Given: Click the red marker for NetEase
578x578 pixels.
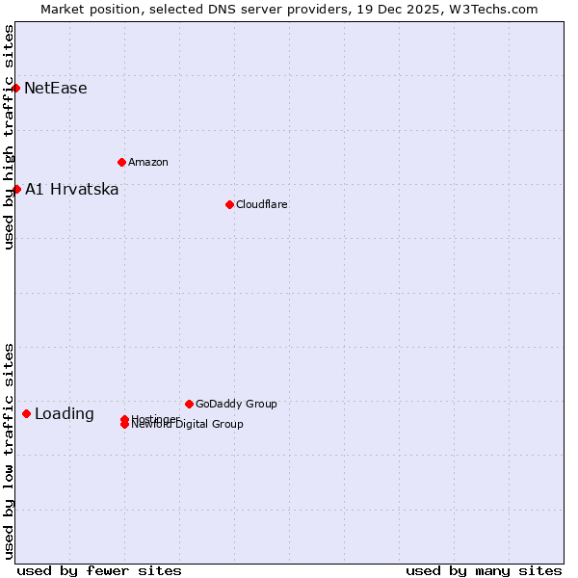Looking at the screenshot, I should tap(15, 88).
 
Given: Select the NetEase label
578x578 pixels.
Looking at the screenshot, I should tap(56, 89).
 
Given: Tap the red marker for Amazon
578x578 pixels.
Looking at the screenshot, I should tap(121, 162).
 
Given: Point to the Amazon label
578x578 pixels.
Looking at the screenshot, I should tap(148, 162).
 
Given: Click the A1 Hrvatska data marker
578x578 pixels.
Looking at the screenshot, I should tap(16, 189).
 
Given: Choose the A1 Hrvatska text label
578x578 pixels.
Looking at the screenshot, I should tap(72, 190).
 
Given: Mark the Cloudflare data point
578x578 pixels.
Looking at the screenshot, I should tap(229, 204).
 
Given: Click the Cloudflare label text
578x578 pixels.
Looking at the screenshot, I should tap(262, 204).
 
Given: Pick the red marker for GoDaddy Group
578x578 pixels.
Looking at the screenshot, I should tap(189, 404).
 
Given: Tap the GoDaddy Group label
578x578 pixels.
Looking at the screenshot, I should tap(236, 404).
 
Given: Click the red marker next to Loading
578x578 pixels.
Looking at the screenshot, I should tap(26, 413).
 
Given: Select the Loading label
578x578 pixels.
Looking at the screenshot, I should tap(65, 414).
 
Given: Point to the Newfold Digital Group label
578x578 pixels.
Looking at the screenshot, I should tap(189, 425).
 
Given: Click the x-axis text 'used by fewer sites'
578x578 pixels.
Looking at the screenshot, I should tap(99, 570).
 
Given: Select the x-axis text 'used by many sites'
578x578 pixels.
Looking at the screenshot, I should tap(484, 570).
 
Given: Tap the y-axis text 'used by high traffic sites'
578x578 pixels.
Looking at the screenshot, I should tap(9, 137).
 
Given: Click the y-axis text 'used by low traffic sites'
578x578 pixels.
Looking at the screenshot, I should tap(9, 450).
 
